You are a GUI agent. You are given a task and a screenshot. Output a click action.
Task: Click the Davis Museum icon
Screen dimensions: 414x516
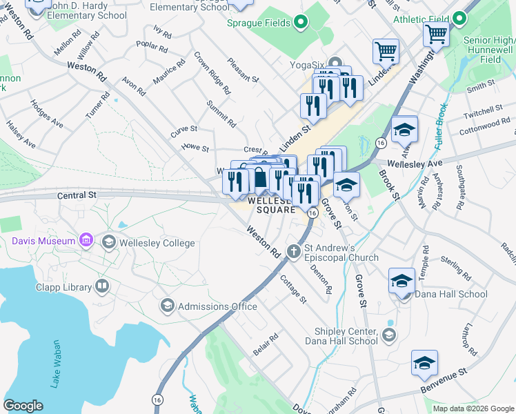pyautogui.click(x=86, y=241)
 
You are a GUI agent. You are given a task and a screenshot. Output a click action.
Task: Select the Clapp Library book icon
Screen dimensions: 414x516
pyautogui.click(x=102, y=286)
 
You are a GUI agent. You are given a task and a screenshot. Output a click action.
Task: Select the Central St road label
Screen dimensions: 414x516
pyautogui.click(x=75, y=196)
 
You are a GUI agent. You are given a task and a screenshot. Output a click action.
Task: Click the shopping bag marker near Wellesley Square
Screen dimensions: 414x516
pyautogui.click(x=259, y=178)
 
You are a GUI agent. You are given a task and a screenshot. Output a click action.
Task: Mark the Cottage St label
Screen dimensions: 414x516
pyautogui.click(x=294, y=288)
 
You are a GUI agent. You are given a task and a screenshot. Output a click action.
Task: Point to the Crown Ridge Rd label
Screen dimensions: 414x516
pyautogui.click(x=212, y=72)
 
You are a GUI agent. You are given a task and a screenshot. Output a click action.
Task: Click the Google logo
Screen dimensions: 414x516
pyautogui.click(x=23, y=406)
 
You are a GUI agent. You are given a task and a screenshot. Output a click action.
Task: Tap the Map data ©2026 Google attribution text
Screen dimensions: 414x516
pyautogui.click(x=473, y=408)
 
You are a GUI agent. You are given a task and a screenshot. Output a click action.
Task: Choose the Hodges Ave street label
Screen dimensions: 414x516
pyautogui.click(x=46, y=115)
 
